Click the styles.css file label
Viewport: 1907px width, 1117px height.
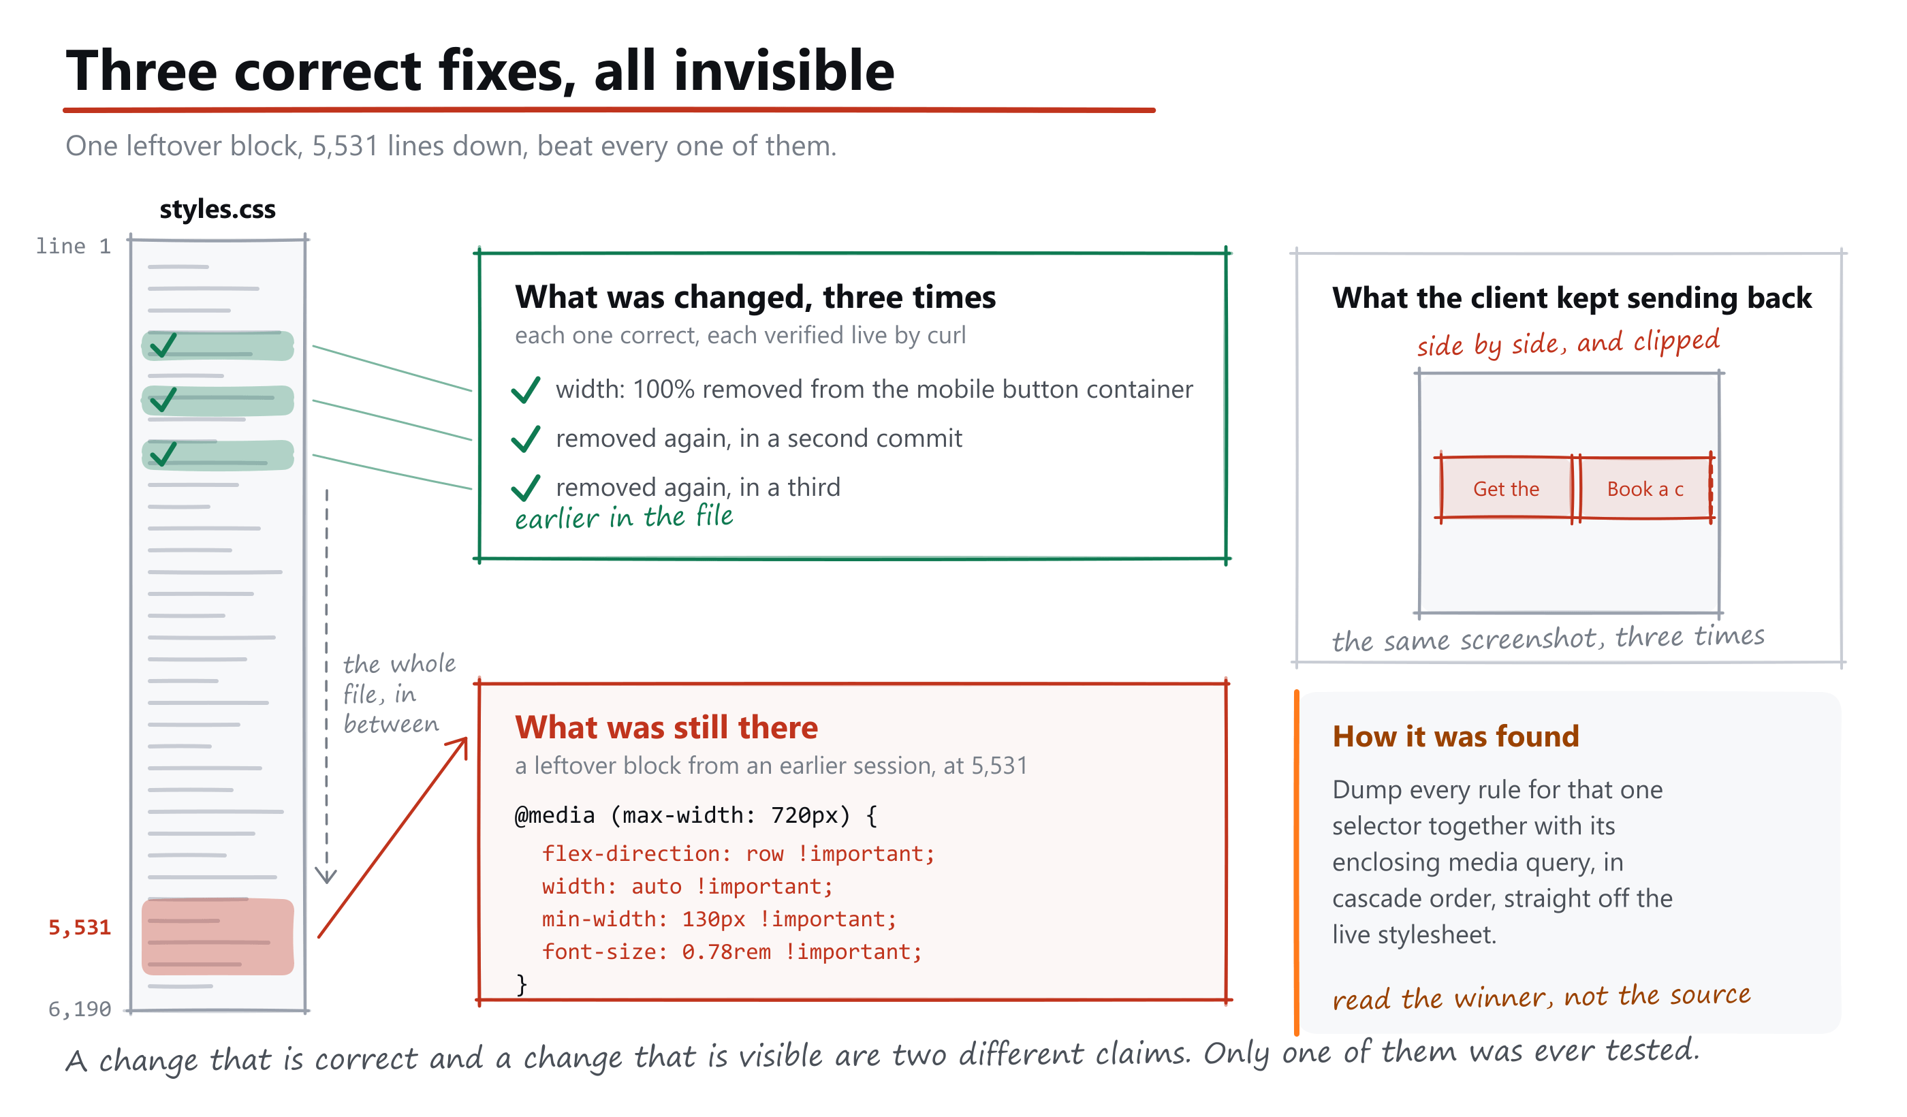click(217, 209)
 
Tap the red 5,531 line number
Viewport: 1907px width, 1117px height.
click(80, 927)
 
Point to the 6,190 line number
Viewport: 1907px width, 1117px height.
click(80, 1009)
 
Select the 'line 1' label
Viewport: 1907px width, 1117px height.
click(74, 246)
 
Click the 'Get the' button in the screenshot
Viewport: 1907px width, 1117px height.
click(1506, 488)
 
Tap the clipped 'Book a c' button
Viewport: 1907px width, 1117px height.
click(1645, 488)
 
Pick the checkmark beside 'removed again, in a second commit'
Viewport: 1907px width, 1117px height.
click(525, 438)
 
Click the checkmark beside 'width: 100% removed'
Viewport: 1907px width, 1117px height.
click(525, 389)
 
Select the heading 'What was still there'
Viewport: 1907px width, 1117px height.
click(666, 727)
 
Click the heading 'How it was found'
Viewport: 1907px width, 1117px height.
click(1455, 736)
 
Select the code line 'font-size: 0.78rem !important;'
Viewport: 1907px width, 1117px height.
click(731, 951)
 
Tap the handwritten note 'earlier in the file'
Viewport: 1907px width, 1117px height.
click(624, 517)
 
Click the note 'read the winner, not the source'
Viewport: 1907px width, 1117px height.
click(1541, 996)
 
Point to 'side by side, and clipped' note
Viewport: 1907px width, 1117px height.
click(1568, 343)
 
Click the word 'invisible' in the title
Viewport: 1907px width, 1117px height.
click(784, 69)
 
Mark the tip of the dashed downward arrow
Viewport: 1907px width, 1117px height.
click(326, 883)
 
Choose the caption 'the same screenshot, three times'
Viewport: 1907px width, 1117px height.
click(1548, 638)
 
